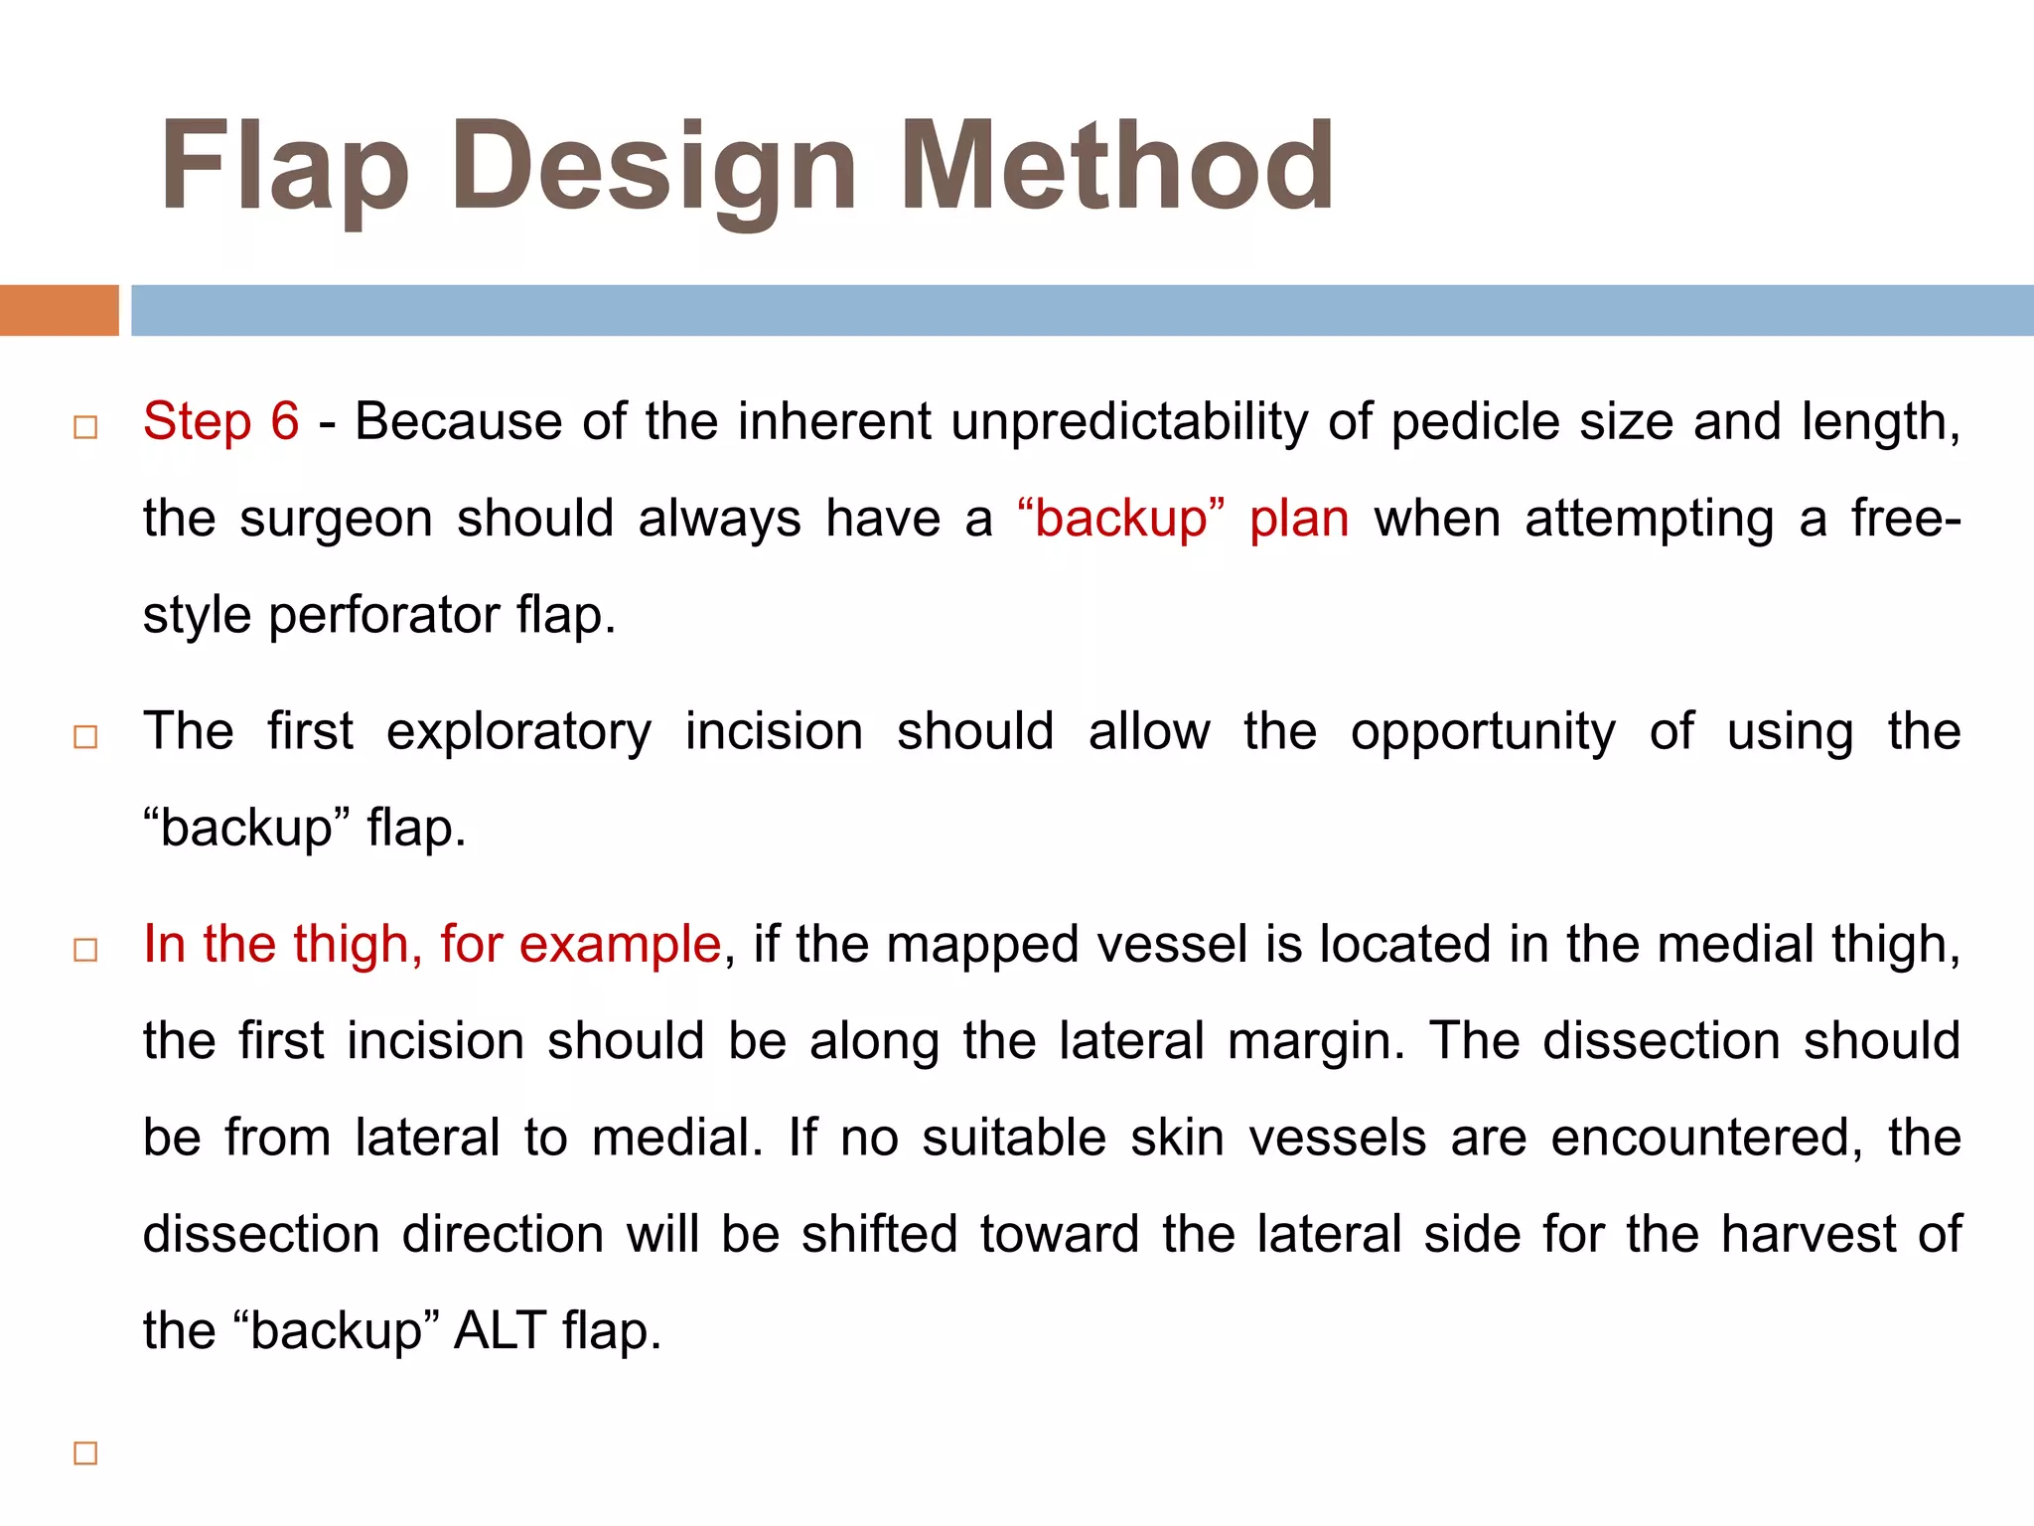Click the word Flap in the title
(x=284, y=167)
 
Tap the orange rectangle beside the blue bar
(x=59, y=310)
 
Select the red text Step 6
(x=220, y=421)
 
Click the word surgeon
(x=336, y=519)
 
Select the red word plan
(x=1298, y=519)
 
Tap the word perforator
(x=384, y=615)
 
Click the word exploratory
(x=518, y=731)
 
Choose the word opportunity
(x=1482, y=733)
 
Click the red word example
(x=620, y=944)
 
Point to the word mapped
(x=981, y=944)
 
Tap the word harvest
(x=1809, y=1234)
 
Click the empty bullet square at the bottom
(x=86, y=1453)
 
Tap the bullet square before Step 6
(x=86, y=427)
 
